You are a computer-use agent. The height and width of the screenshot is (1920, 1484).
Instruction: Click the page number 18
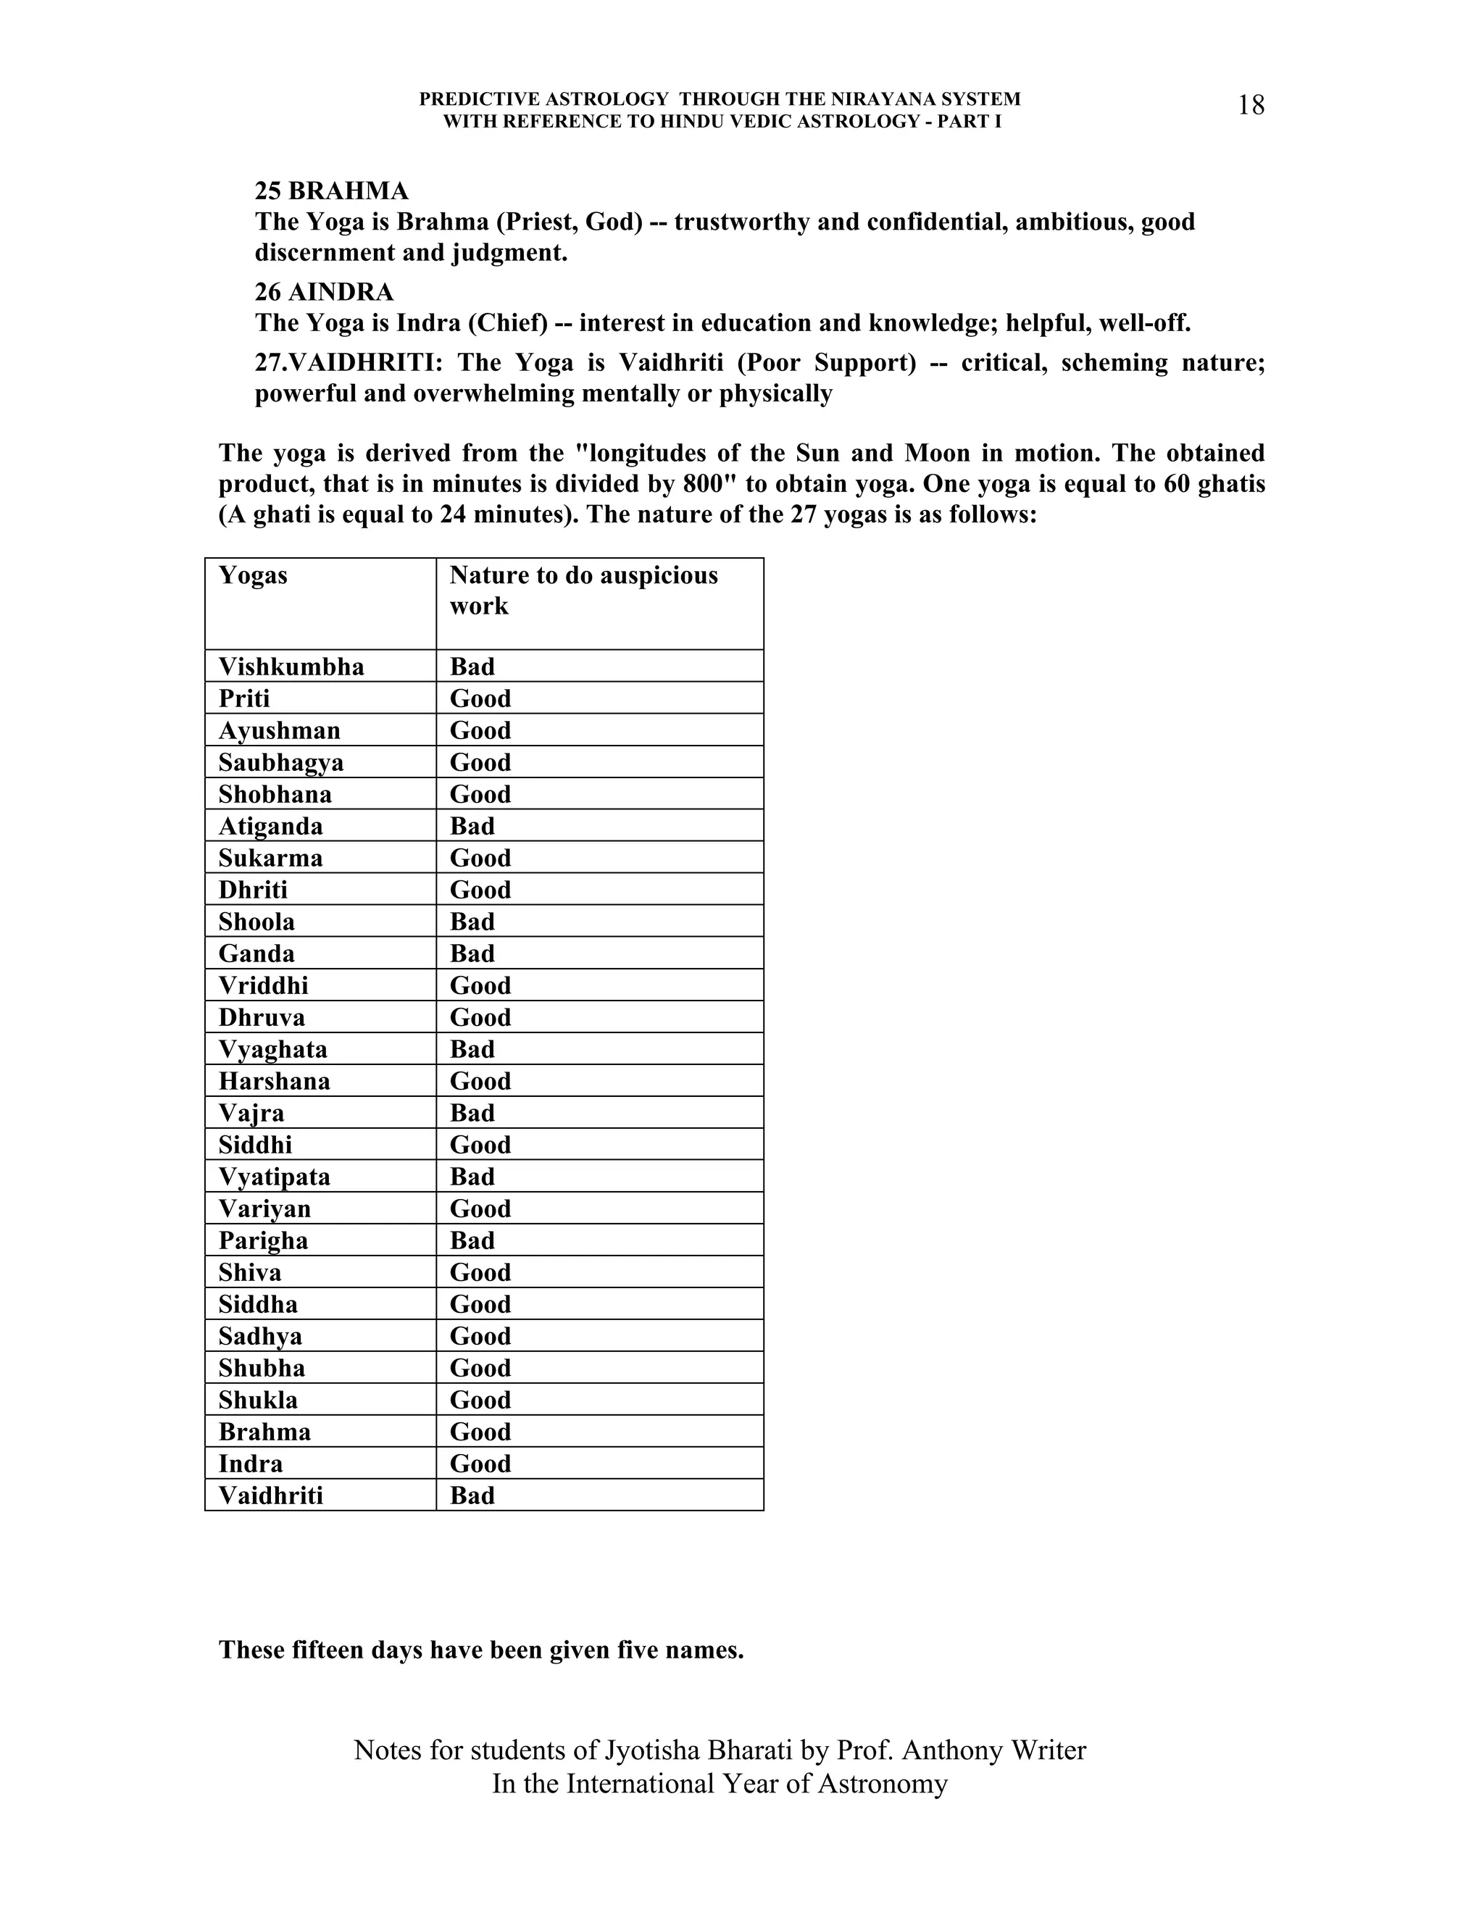[x=1250, y=106]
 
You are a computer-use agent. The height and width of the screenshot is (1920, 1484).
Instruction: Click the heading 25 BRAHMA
[x=331, y=191]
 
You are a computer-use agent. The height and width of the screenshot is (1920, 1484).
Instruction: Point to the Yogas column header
[x=253, y=575]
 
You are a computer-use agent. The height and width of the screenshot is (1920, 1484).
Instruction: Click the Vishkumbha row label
[x=291, y=667]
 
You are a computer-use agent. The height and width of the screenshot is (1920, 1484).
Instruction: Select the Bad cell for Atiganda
[x=472, y=827]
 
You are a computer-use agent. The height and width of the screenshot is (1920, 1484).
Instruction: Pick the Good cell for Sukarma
[x=480, y=858]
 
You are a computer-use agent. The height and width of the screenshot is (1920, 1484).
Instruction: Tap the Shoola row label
[x=257, y=922]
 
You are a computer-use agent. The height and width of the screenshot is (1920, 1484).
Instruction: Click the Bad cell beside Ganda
[x=472, y=954]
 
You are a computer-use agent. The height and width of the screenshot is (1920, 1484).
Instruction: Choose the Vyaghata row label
[x=272, y=1049]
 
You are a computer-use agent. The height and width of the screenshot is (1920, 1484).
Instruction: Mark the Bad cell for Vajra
[x=472, y=1113]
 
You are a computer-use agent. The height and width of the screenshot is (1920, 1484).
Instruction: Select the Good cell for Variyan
[x=480, y=1209]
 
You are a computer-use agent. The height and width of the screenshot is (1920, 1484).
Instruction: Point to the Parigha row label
[x=263, y=1240]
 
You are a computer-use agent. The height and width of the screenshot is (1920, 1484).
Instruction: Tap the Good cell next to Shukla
[x=480, y=1400]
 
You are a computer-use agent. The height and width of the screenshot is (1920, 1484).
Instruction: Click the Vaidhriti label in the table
[x=271, y=1495]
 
